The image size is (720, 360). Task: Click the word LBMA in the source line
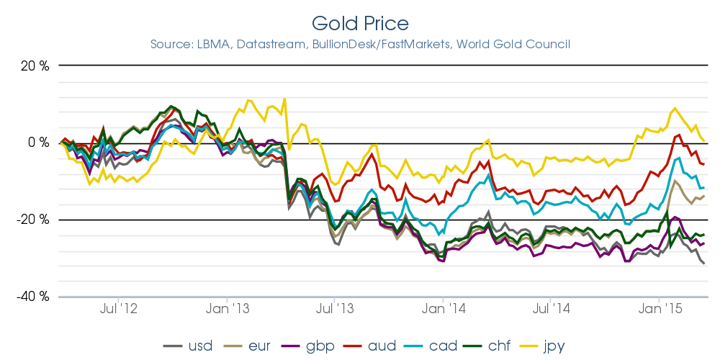pos(215,45)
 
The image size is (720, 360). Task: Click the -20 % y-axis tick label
pos(32,220)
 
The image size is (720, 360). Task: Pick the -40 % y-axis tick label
pos(32,296)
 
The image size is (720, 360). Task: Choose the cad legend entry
pos(443,346)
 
